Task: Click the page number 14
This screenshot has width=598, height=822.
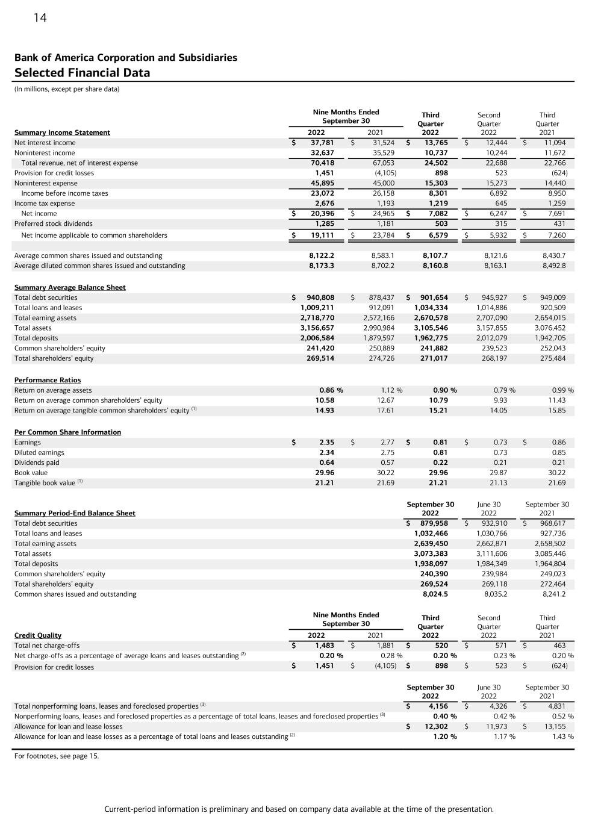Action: pyautogui.click(x=40, y=18)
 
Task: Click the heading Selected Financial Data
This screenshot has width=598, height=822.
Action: pyautogui.click(x=82, y=73)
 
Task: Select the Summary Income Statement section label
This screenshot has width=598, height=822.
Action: pyautogui.click(x=62, y=132)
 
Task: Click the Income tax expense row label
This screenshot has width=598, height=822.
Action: pyautogui.click(x=45, y=204)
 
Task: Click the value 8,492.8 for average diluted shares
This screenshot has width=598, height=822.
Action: pyautogui.click(x=554, y=266)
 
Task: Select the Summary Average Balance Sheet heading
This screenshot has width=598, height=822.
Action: pyautogui.click(x=70, y=287)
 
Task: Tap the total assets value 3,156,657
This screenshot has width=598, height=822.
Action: pyautogui.click(x=317, y=328)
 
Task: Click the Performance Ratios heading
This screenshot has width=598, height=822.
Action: pyautogui.click(x=48, y=380)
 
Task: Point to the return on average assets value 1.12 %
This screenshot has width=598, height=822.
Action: pyautogui.click(x=391, y=390)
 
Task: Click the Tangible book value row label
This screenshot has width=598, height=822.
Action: pyautogui.click(x=45, y=483)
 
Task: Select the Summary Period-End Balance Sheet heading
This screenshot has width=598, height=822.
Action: pyautogui.click(x=75, y=513)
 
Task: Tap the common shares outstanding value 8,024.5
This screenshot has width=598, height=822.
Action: pyautogui.click(x=435, y=594)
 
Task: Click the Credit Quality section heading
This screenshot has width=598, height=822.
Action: pyautogui.click(x=38, y=635)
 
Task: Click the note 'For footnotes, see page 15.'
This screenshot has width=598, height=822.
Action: pyautogui.click(x=57, y=756)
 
